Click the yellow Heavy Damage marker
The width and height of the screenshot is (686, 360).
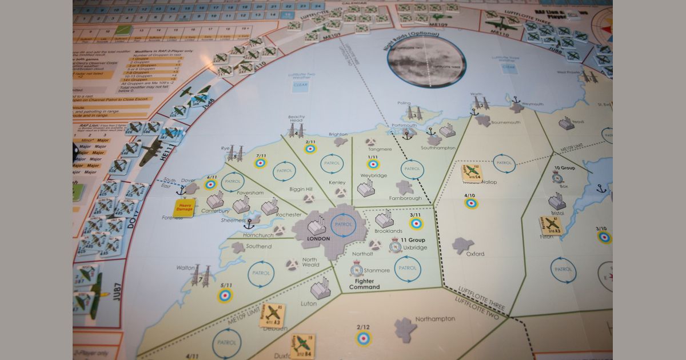click(185, 207)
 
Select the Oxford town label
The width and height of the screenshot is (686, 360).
click(474, 254)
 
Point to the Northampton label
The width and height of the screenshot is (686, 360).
click(435, 319)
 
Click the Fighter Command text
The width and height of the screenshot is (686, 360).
click(364, 283)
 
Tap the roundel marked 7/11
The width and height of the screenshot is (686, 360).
click(261, 163)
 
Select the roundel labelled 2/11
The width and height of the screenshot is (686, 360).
click(310, 149)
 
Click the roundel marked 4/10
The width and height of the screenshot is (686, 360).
click(471, 203)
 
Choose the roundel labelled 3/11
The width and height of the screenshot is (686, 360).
click(416, 223)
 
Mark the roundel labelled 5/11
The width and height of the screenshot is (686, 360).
click(226, 295)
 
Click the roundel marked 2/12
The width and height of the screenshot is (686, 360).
click(363, 338)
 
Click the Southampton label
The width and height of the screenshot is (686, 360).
click(439, 148)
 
